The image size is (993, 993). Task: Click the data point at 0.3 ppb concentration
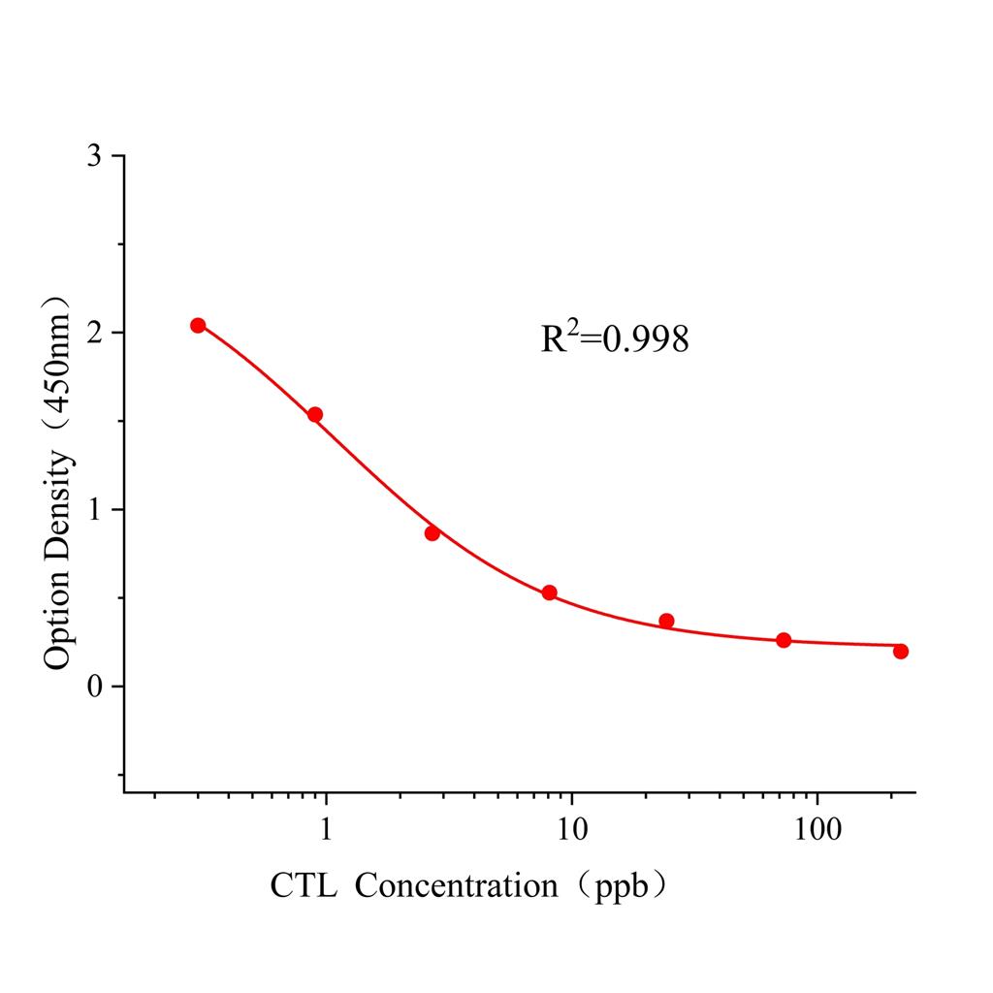tap(198, 326)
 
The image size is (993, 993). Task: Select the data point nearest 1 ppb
tap(315, 415)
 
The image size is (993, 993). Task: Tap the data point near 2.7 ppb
tap(432, 533)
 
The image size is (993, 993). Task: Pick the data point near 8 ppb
tap(550, 593)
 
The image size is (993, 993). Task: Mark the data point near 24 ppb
tap(666, 621)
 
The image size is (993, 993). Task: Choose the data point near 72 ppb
tap(784, 640)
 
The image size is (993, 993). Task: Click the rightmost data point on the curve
tap(901, 652)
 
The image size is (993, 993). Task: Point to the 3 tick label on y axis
tap(94, 156)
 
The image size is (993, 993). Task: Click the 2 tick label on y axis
tap(94, 333)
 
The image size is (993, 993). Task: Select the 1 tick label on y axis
tap(94, 510)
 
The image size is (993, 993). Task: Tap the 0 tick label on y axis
tap(94, 687)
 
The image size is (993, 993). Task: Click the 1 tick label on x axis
tap(327, 829)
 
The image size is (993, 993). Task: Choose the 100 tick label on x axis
tap(817, 829)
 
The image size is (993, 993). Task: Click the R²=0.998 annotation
tap(615, 337)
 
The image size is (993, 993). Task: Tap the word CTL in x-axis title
tap(304, 885)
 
